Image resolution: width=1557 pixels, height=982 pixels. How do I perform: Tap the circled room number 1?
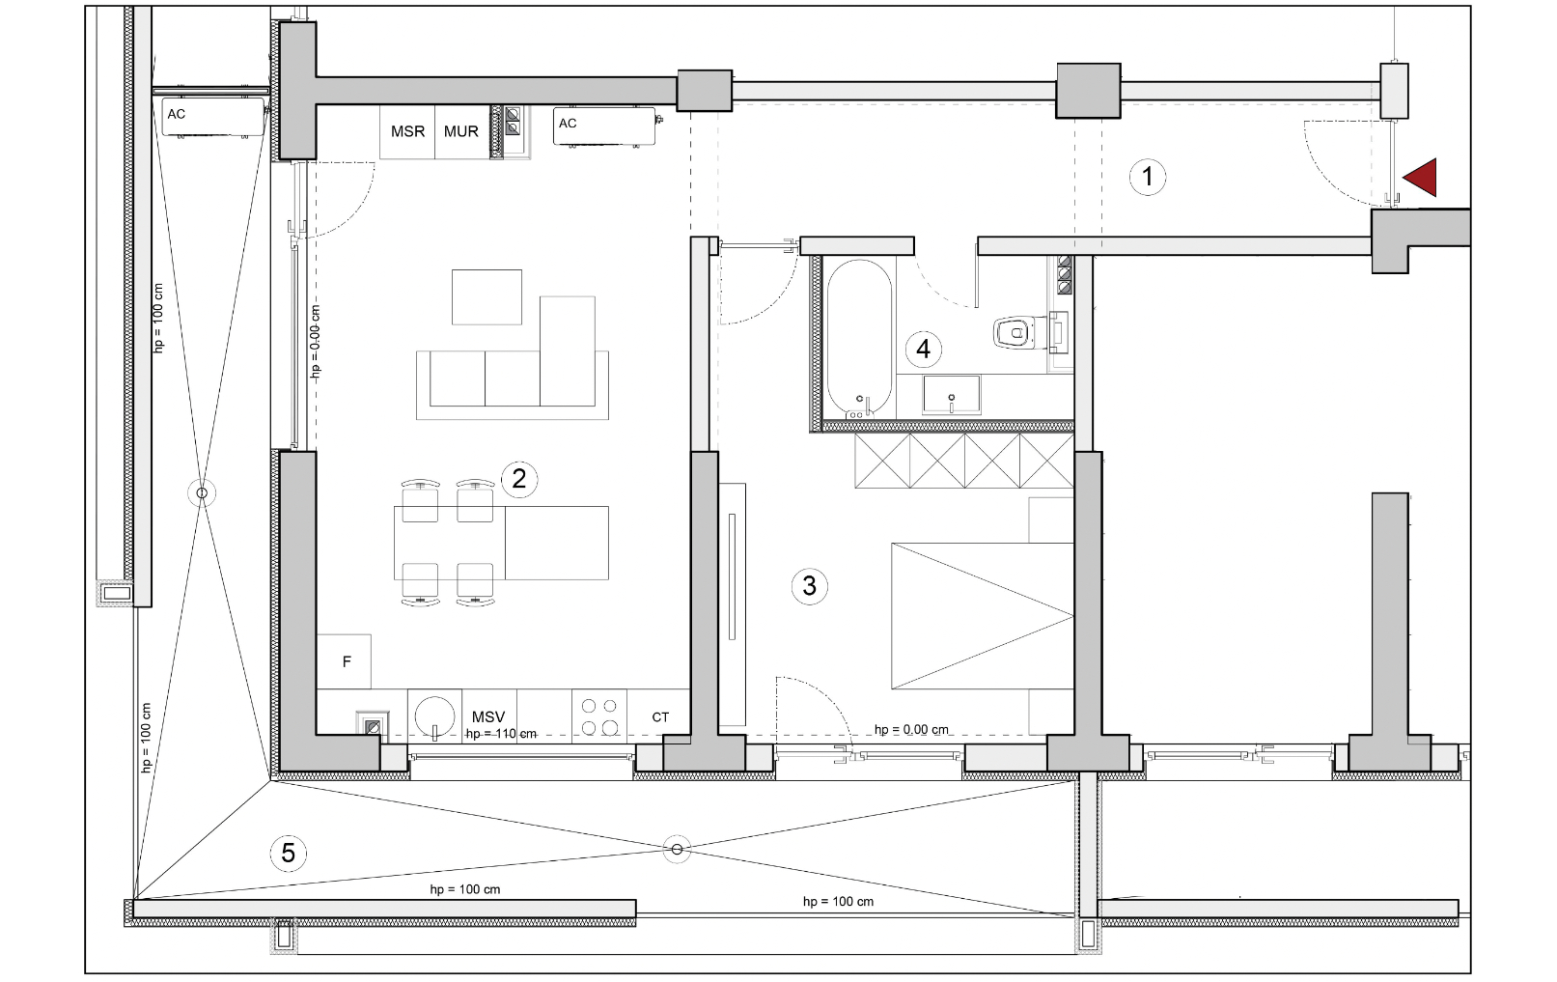pos(1147,177)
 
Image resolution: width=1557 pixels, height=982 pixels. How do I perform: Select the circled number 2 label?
pos(518,479)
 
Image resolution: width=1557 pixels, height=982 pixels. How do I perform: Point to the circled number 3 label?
pos(809,585)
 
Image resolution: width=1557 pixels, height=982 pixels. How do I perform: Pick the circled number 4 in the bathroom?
pos(923,349)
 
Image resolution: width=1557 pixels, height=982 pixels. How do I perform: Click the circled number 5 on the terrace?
pos(288,853)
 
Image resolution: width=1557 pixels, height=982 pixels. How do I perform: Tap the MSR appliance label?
pos(407,131)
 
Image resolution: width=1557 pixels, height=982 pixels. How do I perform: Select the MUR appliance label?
pos(460,131)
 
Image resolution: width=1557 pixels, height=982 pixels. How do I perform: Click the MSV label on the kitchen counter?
pos(488,717)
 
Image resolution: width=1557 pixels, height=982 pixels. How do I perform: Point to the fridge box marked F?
pos(344,661)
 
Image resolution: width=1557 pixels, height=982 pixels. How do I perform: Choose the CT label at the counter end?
pos(660,717)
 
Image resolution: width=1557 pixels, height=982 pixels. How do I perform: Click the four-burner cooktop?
pos(599,717)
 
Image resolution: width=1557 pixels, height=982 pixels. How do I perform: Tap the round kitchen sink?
pos(434,715)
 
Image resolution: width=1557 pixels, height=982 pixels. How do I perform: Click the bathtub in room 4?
pos(859,339)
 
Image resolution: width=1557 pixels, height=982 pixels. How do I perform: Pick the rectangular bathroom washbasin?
pos(951,394)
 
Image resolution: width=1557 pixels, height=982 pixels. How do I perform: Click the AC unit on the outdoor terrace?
pos(213,118)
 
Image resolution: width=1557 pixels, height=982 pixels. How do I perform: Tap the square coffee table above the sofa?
pos(487,297)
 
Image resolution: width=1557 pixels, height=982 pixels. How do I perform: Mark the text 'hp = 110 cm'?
pos(500,734)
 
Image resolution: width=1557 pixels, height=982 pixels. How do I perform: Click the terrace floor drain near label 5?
pos(677,849)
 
